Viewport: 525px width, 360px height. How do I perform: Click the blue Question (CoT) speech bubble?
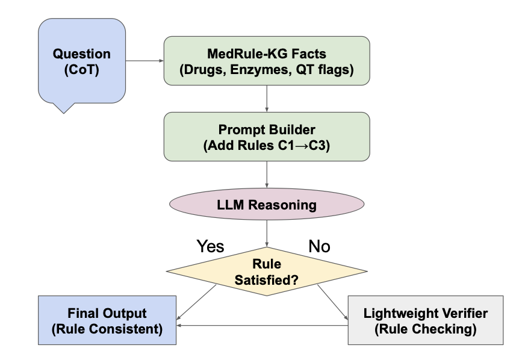click(x=82, y=62)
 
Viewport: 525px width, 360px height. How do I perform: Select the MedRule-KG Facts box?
click(x=267, y=62)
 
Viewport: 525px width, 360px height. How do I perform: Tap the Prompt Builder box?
click(x=267, y=138)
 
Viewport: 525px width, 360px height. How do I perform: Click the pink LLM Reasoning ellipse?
click(x=267, y=205)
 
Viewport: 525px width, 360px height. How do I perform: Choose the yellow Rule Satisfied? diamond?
click(x=267, y=271)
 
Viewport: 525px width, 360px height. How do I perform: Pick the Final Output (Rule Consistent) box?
click(x=107, y=320)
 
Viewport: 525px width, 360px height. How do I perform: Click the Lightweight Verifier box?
click(x=425, y=320)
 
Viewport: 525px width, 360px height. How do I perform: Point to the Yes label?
click(x=210, y=246)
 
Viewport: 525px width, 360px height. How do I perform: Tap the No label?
click(x=319, y=246)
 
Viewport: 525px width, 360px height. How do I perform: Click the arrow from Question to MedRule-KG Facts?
click(x=144, y=61)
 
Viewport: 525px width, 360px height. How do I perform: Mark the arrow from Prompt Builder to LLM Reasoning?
click(x=267, y=175)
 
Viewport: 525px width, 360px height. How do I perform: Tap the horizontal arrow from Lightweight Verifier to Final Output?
click(x=262, y=326)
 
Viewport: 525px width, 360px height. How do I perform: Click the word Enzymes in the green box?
click(x=261, y=69)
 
